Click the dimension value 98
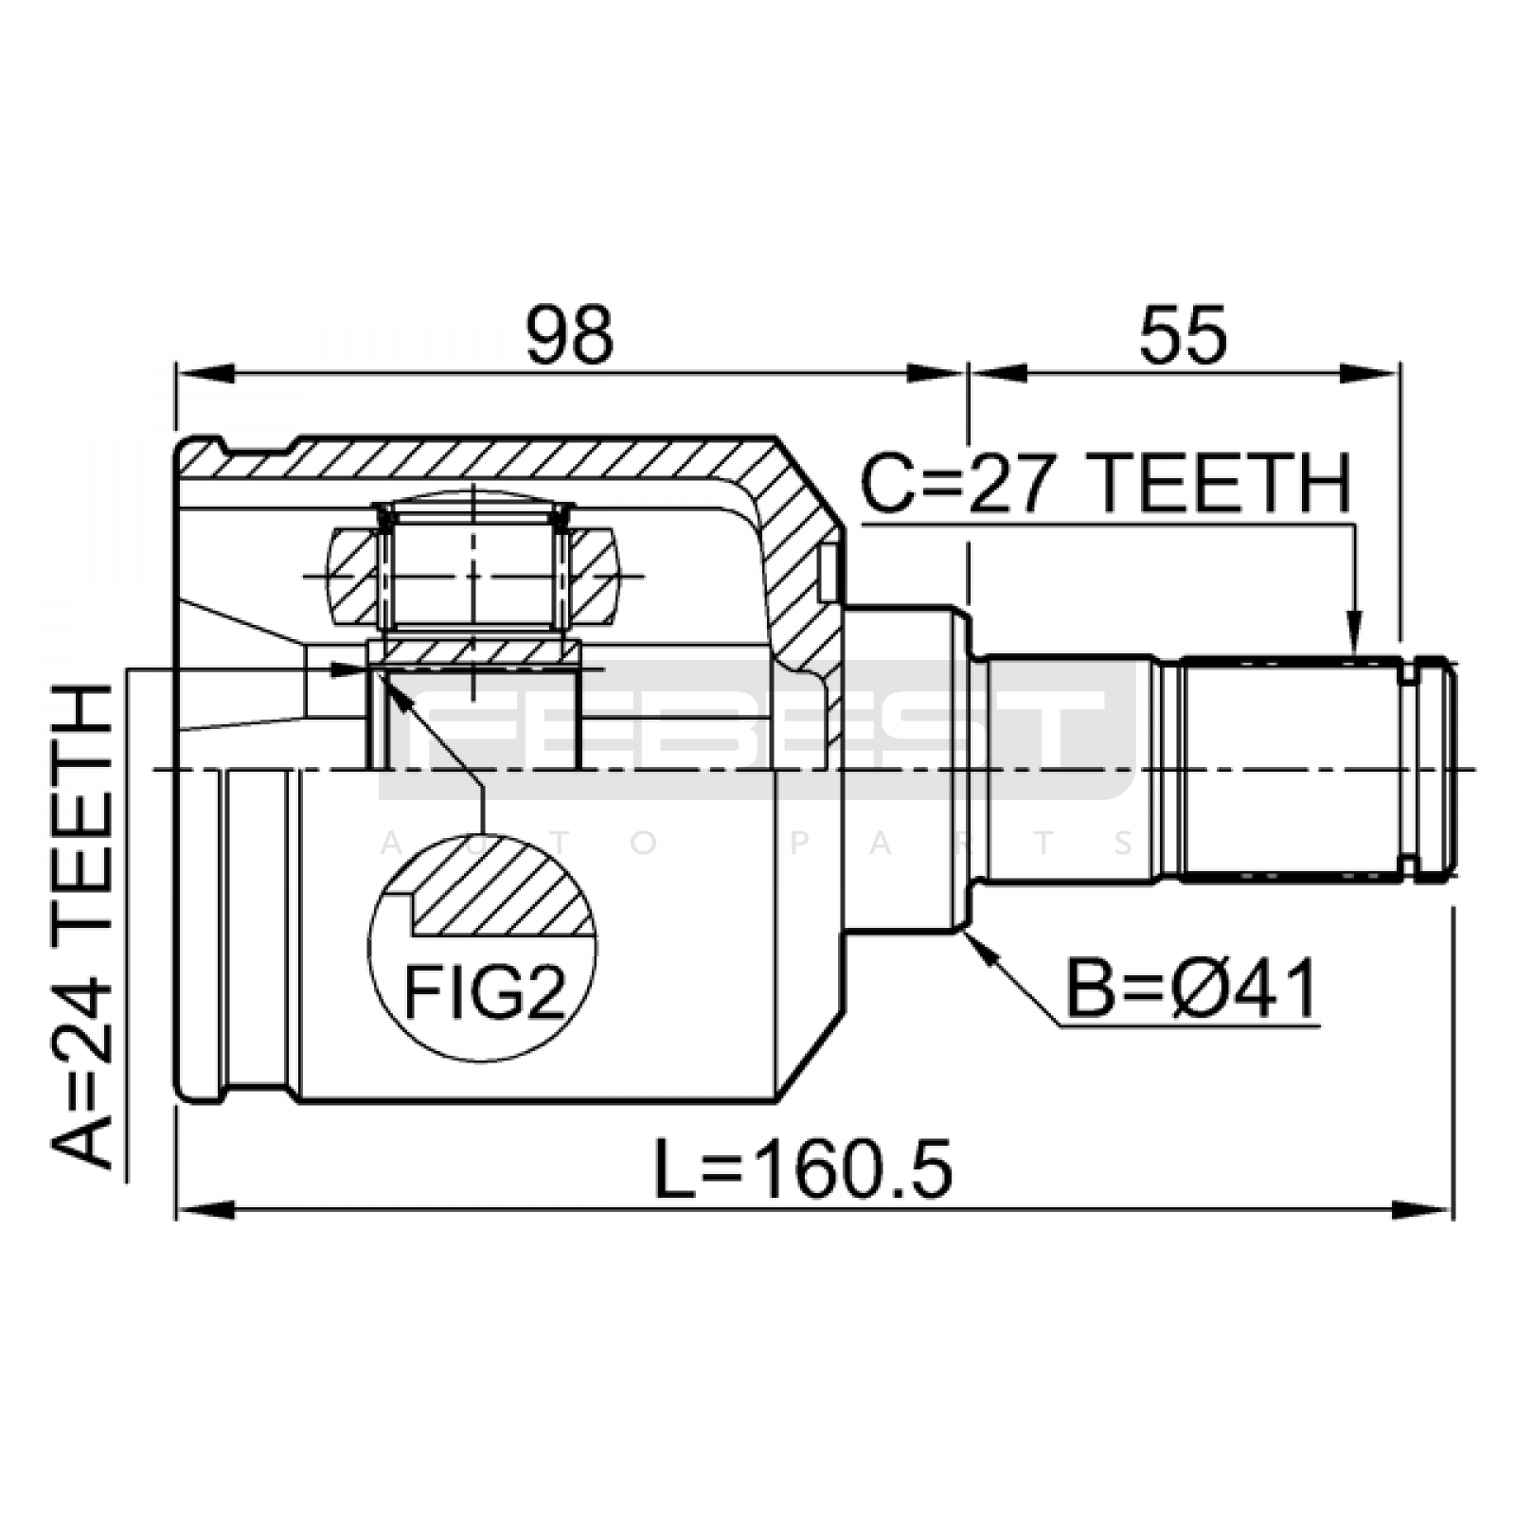[570, 335]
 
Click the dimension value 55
[1183, 335]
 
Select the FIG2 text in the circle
[484, 992]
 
